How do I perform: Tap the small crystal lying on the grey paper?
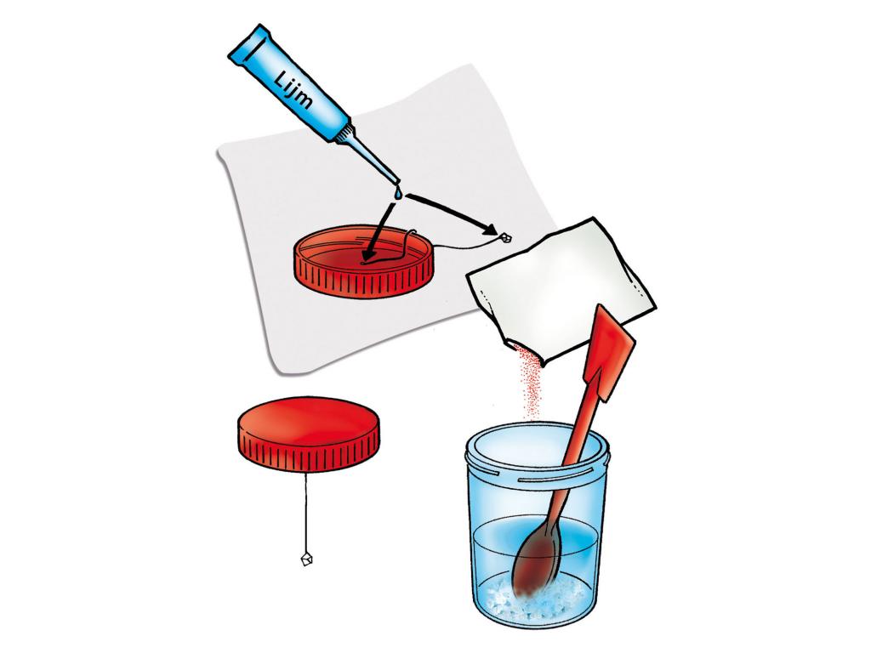click(x=505, y=238)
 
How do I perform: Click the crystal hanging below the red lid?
click(x=306, y=559)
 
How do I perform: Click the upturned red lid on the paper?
click(x=365, y=260)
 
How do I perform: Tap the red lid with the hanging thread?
click(x=310, y=434)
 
